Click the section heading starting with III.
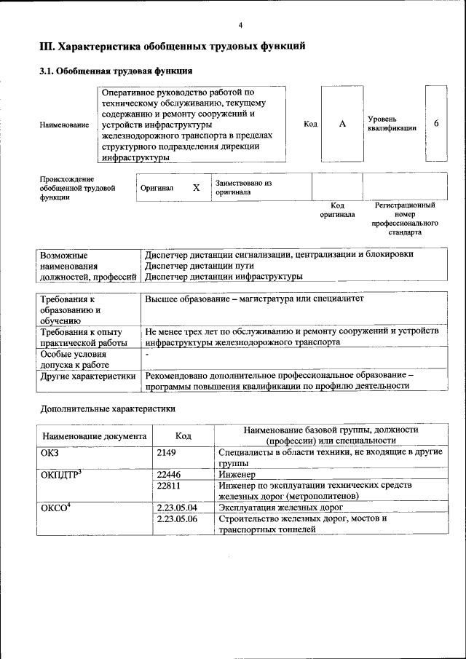172,47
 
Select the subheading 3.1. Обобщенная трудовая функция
115,71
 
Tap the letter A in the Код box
342,124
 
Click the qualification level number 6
436,123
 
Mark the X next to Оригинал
196,188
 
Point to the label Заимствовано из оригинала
243,188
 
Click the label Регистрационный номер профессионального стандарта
405,219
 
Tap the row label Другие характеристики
88,376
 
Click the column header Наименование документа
95,436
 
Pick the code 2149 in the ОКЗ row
167,453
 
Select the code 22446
169,473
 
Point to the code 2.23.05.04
177,507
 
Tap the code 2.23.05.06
177,518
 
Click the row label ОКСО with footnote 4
55,508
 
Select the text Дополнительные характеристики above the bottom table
108,409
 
